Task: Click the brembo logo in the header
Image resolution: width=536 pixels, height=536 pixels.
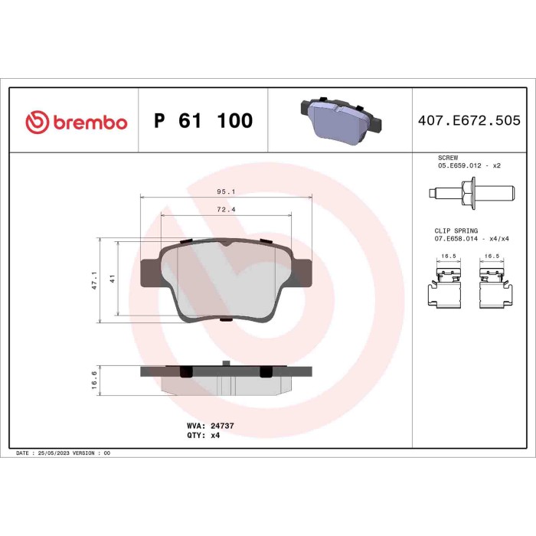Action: [x=76, y=122]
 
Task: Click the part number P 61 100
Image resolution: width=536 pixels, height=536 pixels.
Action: [x=203, y=121]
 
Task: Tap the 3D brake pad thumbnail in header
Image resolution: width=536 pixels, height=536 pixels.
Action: [x=339, y=119]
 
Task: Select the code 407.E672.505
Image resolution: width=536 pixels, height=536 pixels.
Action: [x=469, y=121]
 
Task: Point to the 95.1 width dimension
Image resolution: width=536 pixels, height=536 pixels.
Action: [x=226, y=192]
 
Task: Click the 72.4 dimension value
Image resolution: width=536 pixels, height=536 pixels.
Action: [x=226, y=209]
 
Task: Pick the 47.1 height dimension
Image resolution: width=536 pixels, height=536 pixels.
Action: [x=95, y=280]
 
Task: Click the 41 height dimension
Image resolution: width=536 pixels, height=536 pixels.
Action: [x=112, y=279]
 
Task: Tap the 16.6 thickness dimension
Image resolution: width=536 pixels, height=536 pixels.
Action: [x=94, y=381]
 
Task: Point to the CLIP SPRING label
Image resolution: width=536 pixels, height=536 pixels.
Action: [x=456, y=230]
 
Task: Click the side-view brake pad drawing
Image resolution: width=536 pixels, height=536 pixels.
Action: [x=227, y=378]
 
